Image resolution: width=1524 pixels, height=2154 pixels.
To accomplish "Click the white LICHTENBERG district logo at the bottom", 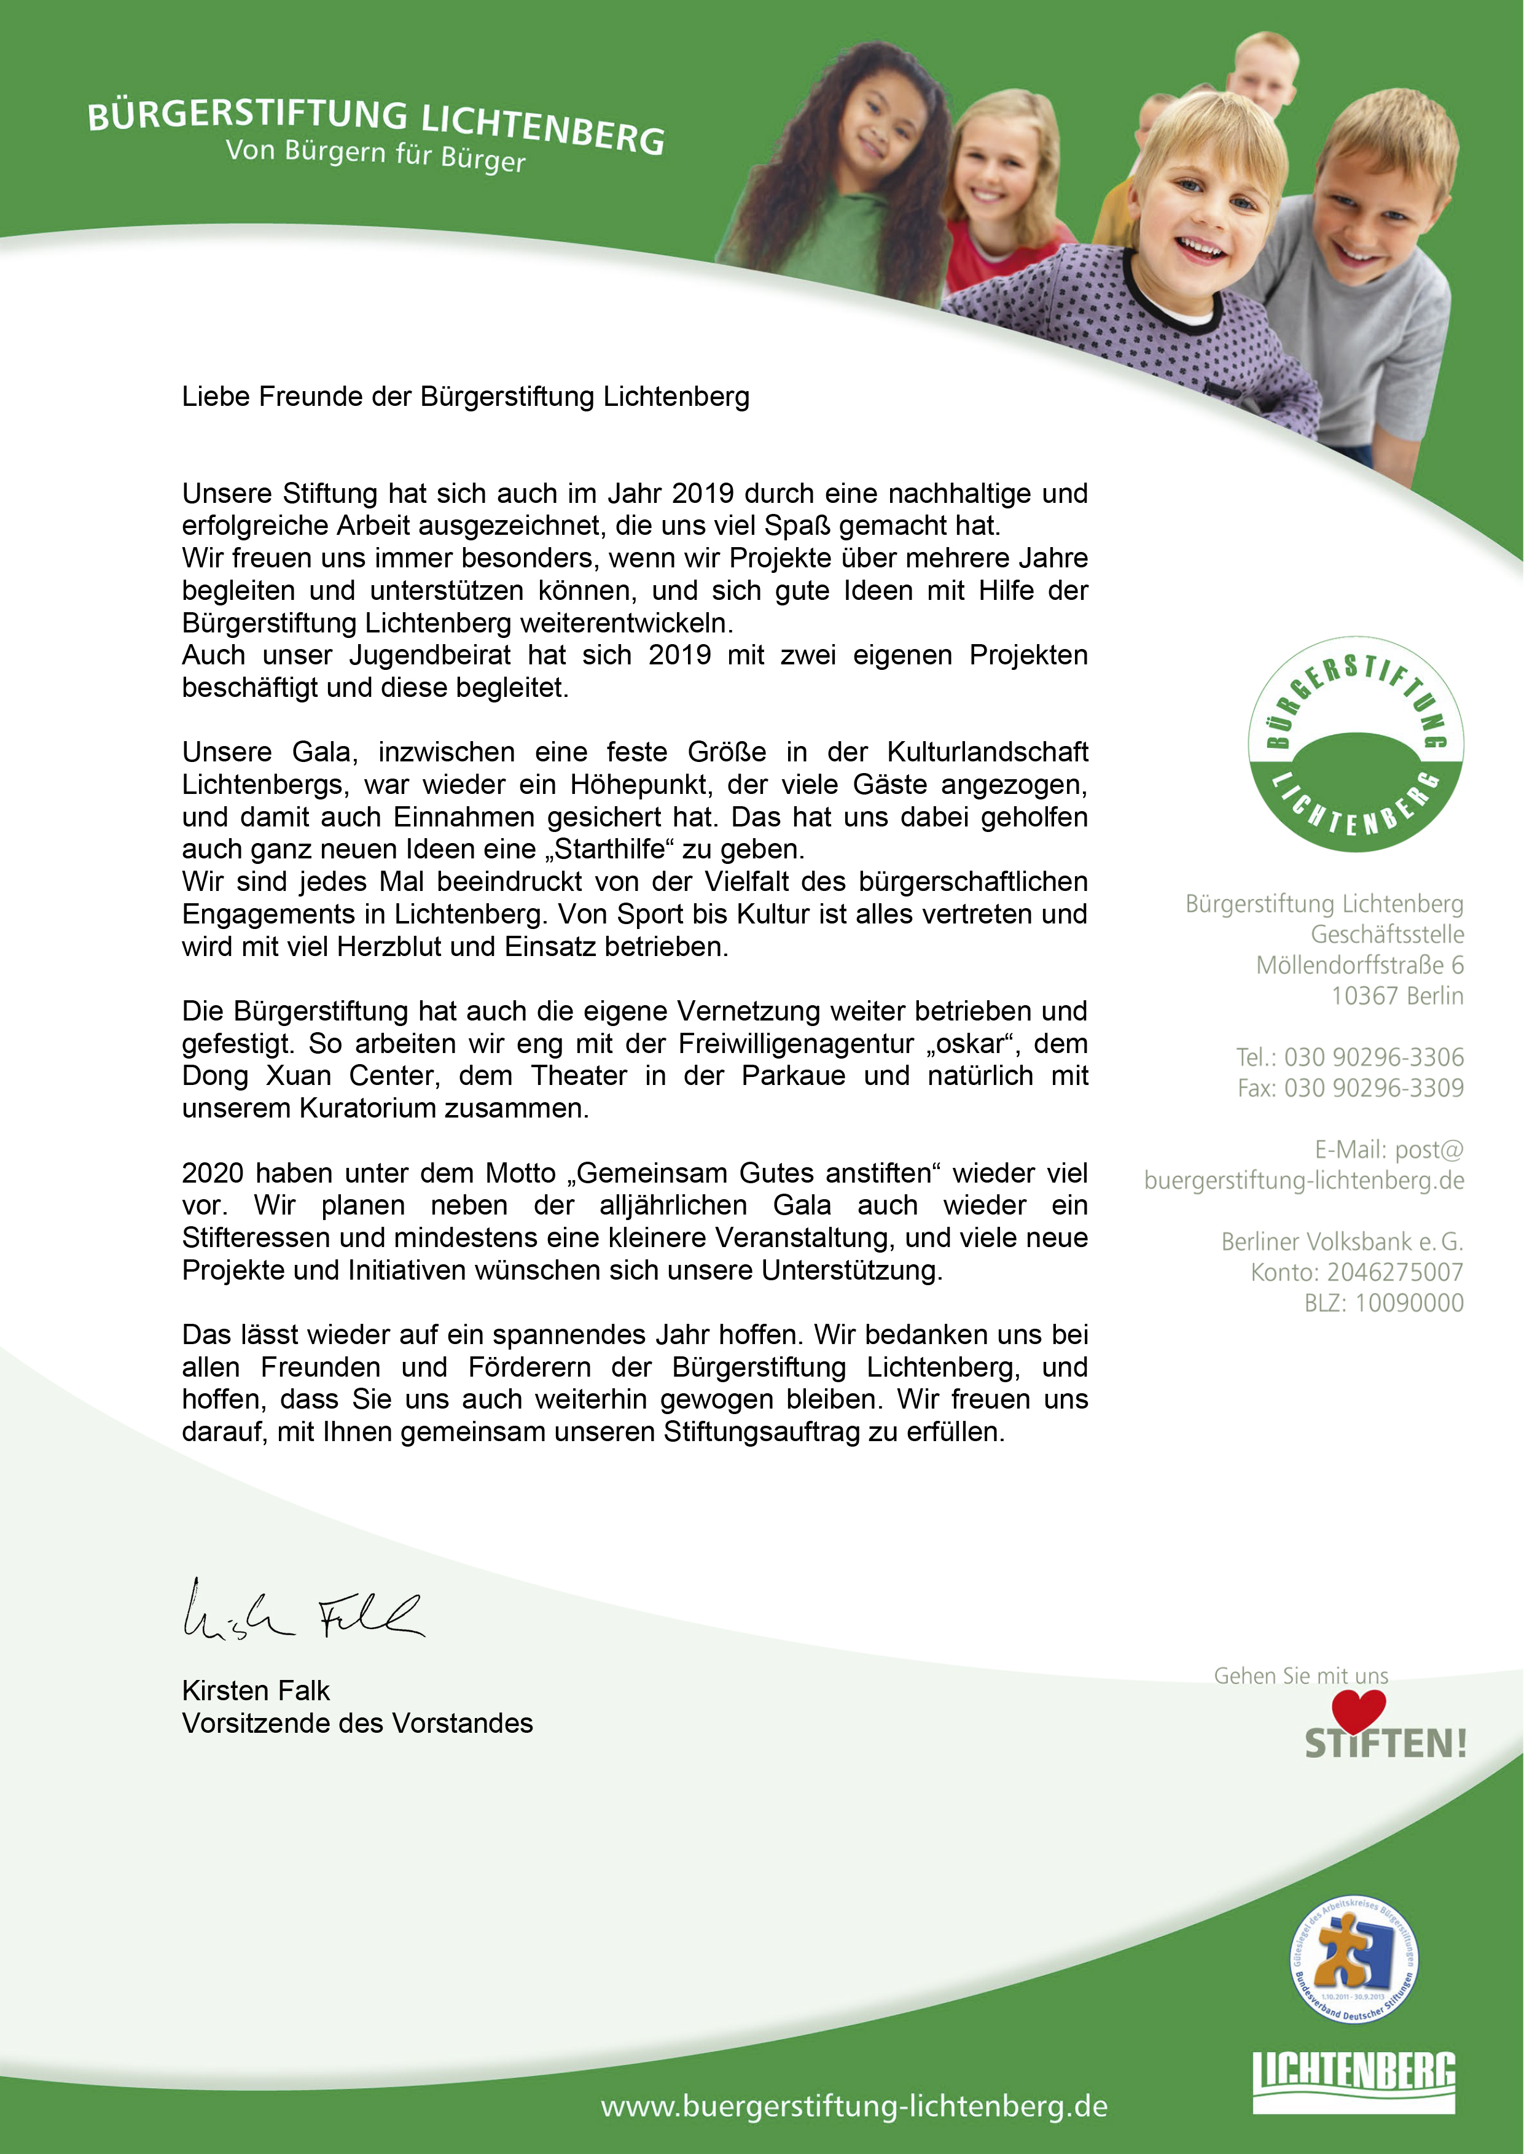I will (x=1354, y=2081).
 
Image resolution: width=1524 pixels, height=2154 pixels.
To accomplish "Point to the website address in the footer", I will (x=854, y=2106).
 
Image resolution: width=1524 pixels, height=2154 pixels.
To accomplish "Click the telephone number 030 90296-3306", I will (x=1374, y=1057).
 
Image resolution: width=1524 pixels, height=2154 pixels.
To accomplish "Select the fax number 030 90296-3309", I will (x=1374, y=1088).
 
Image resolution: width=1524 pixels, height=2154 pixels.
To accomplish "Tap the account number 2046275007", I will (x=1394, y=1272).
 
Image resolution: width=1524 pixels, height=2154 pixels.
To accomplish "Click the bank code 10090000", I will (x=1410, y=1303).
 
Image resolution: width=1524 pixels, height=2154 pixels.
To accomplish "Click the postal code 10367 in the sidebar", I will (x=1362, y=997).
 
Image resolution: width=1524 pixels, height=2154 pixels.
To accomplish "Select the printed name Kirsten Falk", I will (x=256, y=1690).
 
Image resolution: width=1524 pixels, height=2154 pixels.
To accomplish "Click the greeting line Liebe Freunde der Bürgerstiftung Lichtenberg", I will (x=466, y=397).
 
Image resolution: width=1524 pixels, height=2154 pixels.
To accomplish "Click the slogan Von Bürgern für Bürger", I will (x=375, y=156).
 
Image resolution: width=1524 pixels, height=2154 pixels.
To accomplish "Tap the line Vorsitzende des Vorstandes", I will (x=358, y=1724).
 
